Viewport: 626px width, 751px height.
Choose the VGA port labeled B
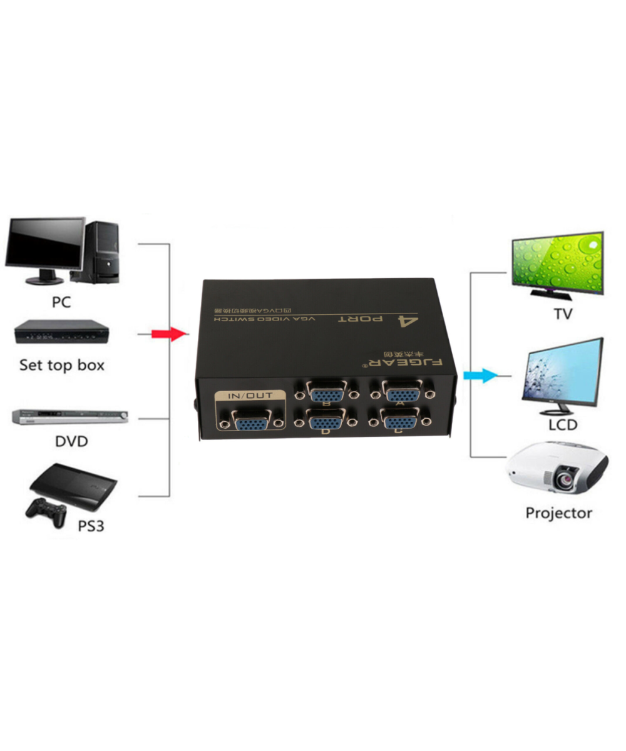[x=326, y=394]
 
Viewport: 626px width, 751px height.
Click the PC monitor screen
[x=44, y=243]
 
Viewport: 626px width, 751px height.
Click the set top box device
[x=61, y=332]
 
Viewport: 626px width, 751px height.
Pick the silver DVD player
[x=69, y=416]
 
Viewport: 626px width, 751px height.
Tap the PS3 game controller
[x=45, y=509]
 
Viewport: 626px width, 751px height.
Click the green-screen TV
[x=557, y=263]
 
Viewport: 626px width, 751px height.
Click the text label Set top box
[x=61, y=365]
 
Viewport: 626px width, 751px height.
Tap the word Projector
[x=558, y=514]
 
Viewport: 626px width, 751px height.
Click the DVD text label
[x=71, y=441]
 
